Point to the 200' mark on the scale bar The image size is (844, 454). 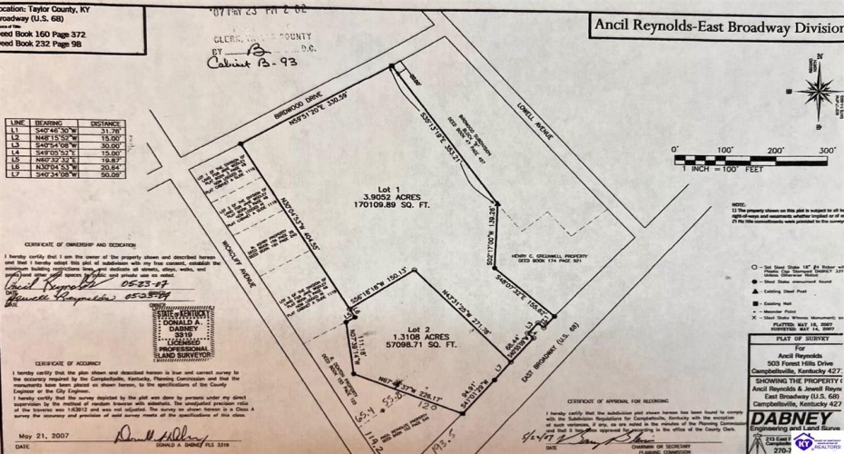[775, 150]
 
